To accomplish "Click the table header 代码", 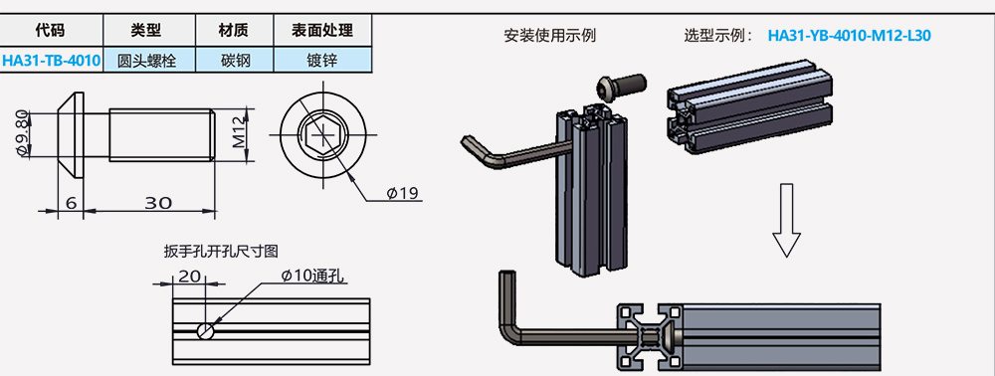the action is [50, 30].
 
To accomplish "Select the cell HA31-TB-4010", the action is [51, 61].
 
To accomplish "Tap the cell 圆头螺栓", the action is [146, 61].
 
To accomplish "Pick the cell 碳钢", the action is [234, 61].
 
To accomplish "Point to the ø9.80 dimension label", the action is [23, 133].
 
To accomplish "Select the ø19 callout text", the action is [403, 193].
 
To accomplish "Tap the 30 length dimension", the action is [158, 202].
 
